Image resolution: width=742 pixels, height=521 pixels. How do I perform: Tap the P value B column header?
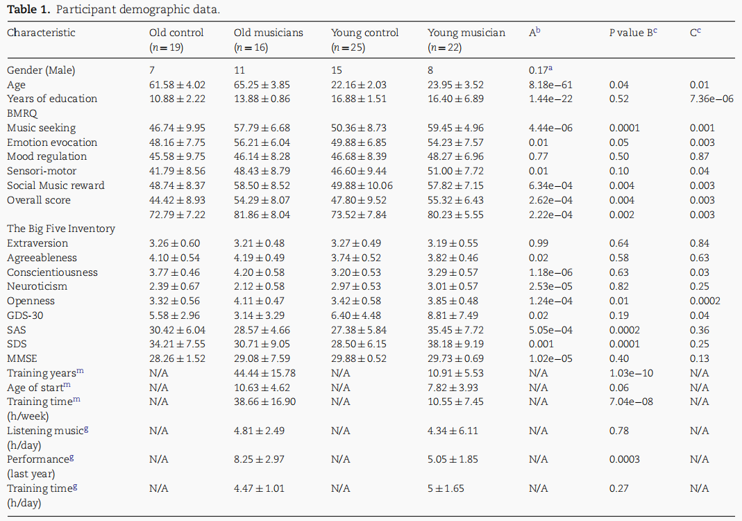633,33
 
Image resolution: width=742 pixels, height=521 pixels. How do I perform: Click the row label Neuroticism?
37,286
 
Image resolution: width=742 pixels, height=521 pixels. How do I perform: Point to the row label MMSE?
22,358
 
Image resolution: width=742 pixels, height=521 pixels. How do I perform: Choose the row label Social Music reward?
56,185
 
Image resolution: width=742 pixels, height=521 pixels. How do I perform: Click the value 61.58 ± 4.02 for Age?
178,85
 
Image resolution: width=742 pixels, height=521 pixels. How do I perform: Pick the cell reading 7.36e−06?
711,99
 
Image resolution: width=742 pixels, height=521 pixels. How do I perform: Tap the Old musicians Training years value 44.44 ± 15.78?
264,373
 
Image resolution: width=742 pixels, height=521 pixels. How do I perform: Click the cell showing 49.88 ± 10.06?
362,185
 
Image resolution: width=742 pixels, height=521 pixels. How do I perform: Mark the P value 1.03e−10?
631,373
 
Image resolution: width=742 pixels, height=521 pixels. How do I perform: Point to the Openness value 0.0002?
705,301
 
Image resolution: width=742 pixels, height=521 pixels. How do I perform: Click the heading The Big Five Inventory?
61,229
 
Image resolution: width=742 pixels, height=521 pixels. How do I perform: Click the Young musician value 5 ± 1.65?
446,488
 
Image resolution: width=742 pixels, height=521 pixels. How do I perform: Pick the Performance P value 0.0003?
625,459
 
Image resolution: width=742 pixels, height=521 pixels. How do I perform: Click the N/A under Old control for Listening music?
158,431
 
